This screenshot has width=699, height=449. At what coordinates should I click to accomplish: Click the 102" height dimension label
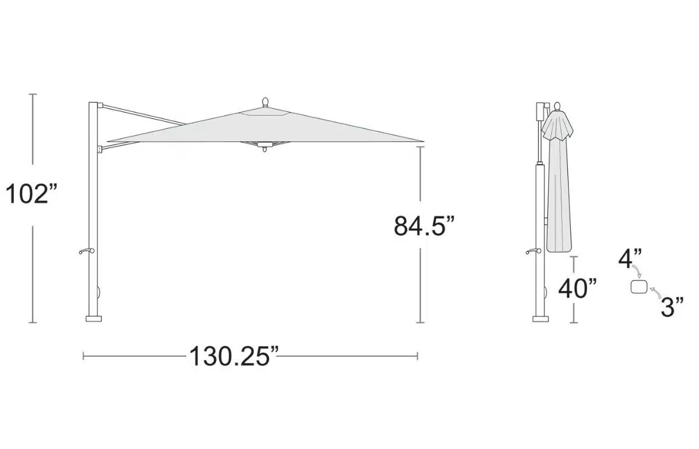(31, 194)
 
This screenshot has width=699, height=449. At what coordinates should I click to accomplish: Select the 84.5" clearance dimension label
(424, 226)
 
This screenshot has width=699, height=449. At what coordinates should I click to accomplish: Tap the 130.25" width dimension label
(234, 356)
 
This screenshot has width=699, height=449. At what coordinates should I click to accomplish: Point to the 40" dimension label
(577, 289)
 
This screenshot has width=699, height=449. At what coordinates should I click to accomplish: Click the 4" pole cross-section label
(630, 259)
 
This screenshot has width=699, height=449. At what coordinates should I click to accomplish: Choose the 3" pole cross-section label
(672, 307)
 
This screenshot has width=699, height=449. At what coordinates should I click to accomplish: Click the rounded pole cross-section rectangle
(639, 287)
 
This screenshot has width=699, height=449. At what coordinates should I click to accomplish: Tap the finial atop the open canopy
(265, 102)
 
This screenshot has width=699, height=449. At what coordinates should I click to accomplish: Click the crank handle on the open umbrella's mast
(86, 251)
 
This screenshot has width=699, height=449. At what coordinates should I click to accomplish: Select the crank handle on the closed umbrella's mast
(534, 251)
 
